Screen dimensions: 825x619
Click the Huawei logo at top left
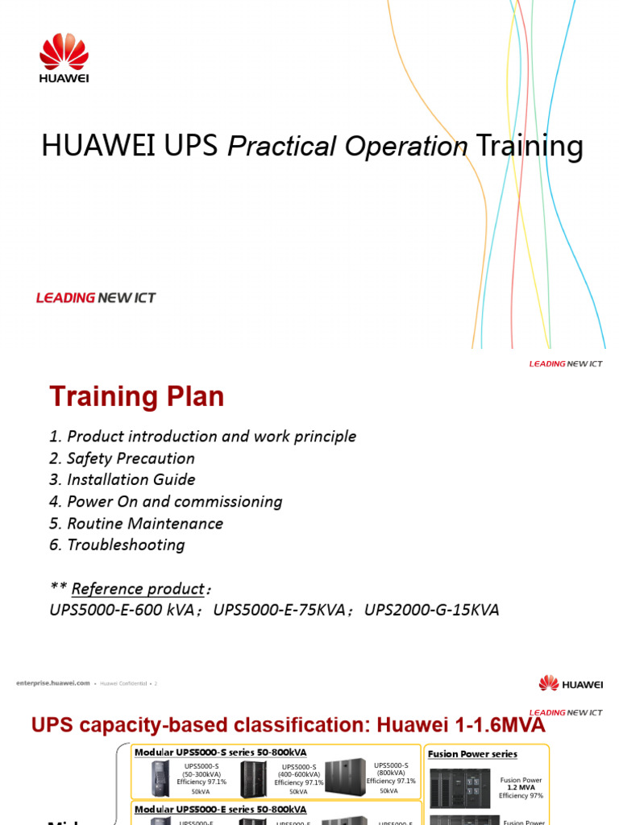point(64,57)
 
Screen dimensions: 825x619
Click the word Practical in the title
point(279,147)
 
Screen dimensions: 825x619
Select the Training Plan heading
point(137,396)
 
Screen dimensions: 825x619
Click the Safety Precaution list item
point(122,458)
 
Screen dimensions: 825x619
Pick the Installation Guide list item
point(122,480)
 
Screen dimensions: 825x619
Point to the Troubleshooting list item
point(117,545)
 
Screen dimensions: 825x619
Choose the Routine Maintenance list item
point(136,524)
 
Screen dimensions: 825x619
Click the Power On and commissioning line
point(166,502)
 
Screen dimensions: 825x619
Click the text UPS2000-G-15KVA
point(432,611)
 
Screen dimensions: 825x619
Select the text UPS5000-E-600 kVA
point(122,611)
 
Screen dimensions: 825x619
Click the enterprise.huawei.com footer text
point(52,683)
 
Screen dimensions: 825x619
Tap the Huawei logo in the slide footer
point(571,684)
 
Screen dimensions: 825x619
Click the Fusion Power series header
point(473,754)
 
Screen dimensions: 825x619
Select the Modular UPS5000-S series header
point(220,752)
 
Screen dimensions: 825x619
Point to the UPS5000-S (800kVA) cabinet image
point(345,777)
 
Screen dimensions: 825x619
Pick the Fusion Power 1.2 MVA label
point(521,784)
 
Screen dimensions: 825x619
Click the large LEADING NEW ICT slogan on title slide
point(96,298)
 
